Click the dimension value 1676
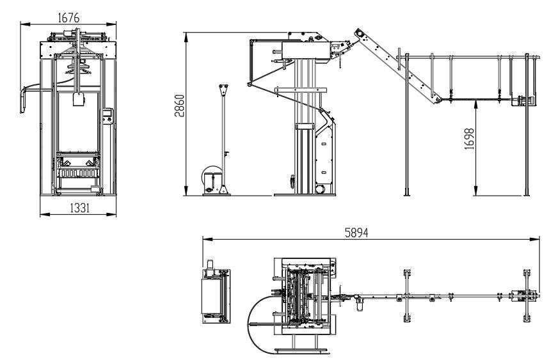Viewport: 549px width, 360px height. (x=68, y=17)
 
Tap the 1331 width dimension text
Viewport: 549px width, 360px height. (x=80, y=208)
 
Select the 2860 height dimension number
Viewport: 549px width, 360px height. (x=179, y=106)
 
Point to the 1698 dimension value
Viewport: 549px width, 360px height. (x=469, y=139)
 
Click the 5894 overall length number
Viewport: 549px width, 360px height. (x=356, y=233)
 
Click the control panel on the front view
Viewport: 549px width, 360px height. (x=107, y=116)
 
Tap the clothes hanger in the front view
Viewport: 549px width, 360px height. (x=77, y=67)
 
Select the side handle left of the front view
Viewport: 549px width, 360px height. (x=23, y=101)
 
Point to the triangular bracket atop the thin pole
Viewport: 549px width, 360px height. (x=223, y=90)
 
